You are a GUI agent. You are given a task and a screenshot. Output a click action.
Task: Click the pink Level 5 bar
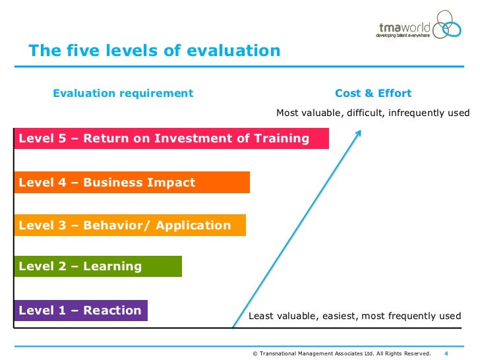point(171,138)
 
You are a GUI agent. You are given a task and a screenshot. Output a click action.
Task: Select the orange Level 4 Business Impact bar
point(132,183)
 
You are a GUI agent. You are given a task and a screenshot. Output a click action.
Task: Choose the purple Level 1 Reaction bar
point(80,311)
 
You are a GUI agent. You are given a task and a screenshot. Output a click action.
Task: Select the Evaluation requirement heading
point(123,94)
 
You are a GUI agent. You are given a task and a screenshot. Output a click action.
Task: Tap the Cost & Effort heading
point(373,94)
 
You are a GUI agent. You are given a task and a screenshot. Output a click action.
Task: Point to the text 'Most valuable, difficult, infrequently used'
point(373,113)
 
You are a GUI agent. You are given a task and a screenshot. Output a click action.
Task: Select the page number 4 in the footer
point(446,353)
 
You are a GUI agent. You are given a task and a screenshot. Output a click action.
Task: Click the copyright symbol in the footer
point(255,353)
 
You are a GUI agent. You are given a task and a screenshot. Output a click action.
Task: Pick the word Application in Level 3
point(194,225)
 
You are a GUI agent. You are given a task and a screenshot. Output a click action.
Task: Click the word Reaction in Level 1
point(112,311)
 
